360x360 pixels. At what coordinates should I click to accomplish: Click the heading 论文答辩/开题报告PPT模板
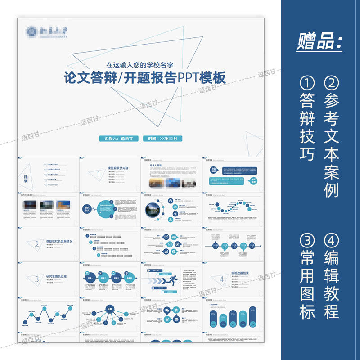point(144,78)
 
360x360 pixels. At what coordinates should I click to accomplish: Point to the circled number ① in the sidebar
point(307,83)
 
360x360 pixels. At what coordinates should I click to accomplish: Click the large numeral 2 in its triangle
point(36,244)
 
